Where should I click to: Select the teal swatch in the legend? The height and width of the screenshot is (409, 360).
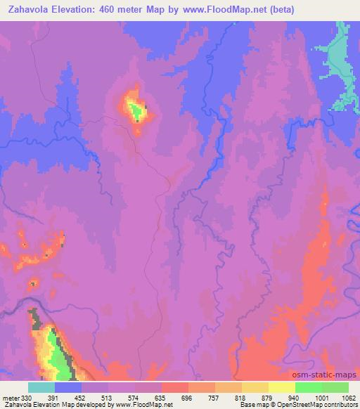coord(41,387)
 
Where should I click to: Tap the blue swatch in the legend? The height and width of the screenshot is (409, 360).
coord(68,387)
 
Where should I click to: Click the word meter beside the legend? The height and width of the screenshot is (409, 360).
coord(11,397)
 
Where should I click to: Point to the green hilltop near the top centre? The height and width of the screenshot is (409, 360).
coord(134,109)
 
